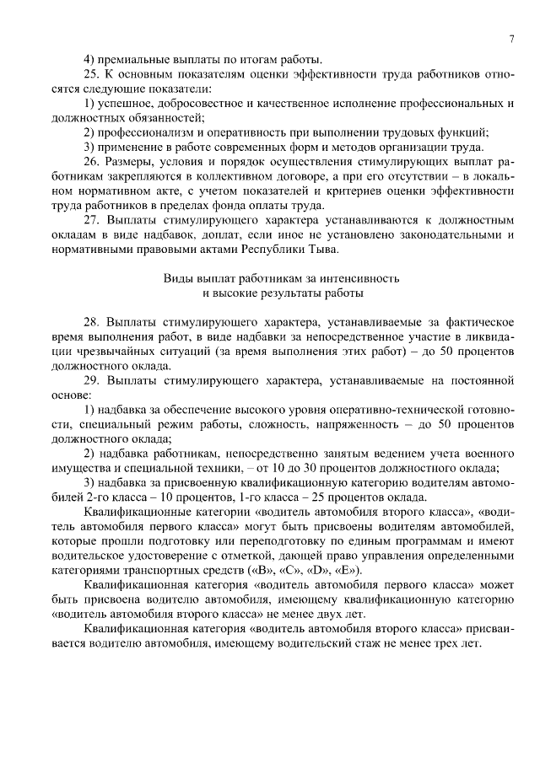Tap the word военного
(484, 454)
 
